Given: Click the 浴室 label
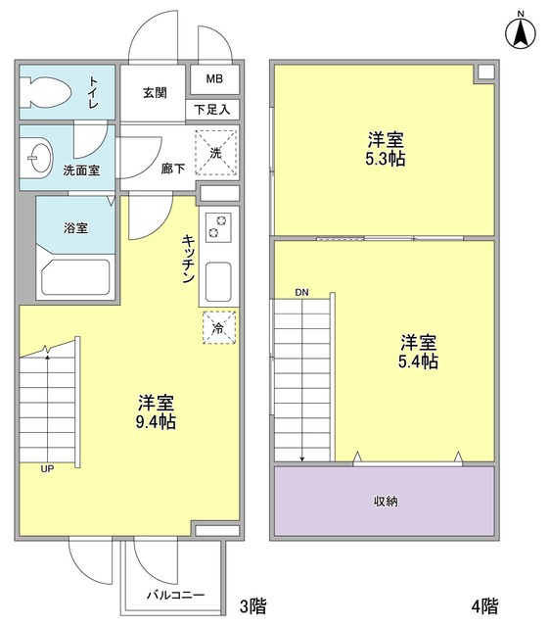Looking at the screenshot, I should point(76,228).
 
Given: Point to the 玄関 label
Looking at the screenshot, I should point(155,93).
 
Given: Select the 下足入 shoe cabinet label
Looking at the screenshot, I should point(212,110).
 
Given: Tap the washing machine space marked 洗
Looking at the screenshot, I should point(215,150).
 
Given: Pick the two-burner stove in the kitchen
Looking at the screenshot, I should point(216,227).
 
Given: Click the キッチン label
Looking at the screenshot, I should point(187,260).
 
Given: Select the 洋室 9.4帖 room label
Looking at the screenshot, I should point(156,412).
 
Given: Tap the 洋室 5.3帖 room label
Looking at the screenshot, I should point(386,149).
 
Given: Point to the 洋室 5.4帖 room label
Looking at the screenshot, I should point(418,352).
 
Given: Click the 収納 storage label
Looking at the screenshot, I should point(384,501).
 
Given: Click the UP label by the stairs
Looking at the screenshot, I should point(47,469).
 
